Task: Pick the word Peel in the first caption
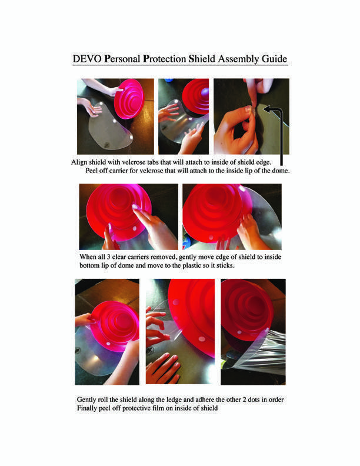point(91,171)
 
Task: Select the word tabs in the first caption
point(153,162)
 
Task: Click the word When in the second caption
point(88,257)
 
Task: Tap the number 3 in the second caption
point(108,257)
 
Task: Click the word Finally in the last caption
point(86,408)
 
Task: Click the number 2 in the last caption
point(245,400)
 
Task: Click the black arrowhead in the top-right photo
point(267,109)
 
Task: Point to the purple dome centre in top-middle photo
point(205,93)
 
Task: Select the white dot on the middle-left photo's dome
point(135,228)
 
